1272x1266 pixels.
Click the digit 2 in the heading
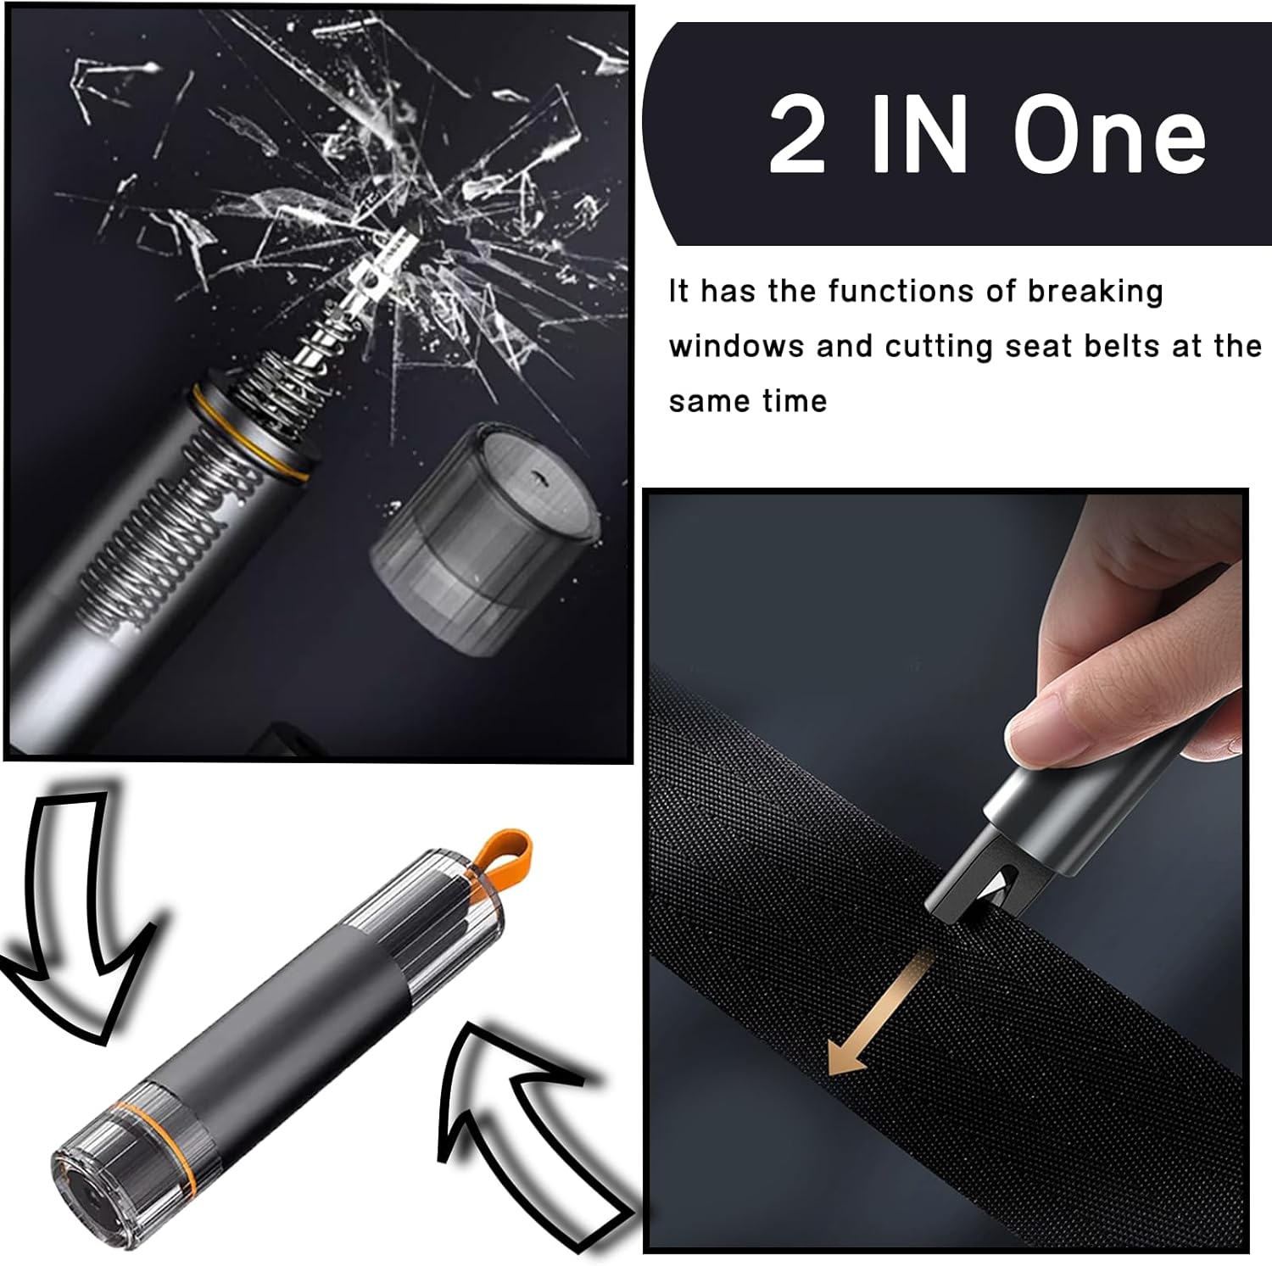tap(797, 134)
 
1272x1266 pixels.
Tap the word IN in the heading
tap(919, 134)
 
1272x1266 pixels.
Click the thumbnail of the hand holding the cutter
tap(946, 871)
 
